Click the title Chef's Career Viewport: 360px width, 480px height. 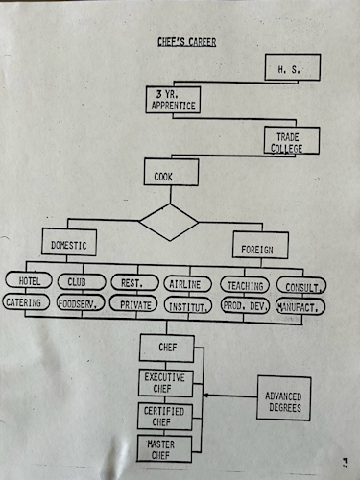187,42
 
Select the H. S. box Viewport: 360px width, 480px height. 293,67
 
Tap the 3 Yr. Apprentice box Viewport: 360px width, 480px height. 173,100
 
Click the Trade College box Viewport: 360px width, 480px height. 292,140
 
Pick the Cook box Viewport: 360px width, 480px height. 171,172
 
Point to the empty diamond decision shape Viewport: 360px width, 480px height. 169,222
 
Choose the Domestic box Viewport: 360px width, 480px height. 69,242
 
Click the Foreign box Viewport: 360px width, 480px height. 260,245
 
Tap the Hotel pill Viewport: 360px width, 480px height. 29,280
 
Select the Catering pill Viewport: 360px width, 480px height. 26,302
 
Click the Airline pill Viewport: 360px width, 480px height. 188,284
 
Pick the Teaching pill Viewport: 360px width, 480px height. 245,285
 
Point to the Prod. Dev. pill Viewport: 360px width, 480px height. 245,306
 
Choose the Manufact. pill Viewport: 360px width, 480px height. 300,307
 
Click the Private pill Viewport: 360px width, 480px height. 133,303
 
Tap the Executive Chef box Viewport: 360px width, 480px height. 166,383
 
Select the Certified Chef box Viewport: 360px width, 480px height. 165,417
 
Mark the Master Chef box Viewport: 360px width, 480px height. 164,449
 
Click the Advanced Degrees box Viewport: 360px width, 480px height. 284,398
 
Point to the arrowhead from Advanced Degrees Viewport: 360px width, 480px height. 205,396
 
